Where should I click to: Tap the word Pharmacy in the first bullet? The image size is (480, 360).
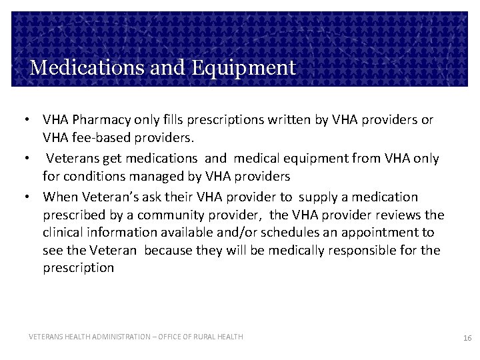(x=95, y=121)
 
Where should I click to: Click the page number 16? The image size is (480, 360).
(x=467, y=339)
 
